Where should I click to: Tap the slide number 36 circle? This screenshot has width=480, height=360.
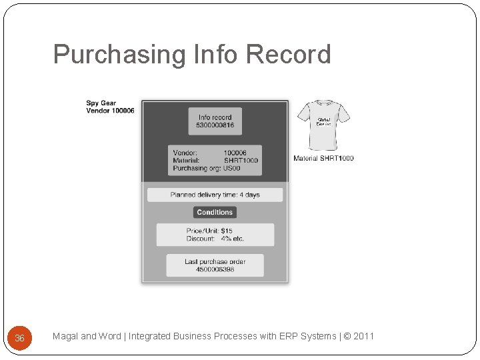19,338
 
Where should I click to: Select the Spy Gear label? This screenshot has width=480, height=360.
101,103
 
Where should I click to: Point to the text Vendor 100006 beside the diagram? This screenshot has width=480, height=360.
110,111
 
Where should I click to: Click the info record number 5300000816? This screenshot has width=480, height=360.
215,125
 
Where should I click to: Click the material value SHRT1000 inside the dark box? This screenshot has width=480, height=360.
241,161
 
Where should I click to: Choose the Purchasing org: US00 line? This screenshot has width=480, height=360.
207,169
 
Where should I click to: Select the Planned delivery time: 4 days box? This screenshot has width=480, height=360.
215,195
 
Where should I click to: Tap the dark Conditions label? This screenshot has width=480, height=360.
215,212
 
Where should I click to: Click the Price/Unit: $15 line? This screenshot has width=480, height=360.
209,231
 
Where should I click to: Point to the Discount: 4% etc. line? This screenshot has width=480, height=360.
215,239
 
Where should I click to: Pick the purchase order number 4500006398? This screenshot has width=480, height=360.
215,269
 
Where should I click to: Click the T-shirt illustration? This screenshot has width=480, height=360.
323,125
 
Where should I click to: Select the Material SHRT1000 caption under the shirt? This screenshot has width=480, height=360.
323,158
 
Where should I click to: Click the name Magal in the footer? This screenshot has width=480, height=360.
65,336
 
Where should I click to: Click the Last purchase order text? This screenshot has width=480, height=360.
215,261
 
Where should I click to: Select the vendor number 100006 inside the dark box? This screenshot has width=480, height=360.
235,153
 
